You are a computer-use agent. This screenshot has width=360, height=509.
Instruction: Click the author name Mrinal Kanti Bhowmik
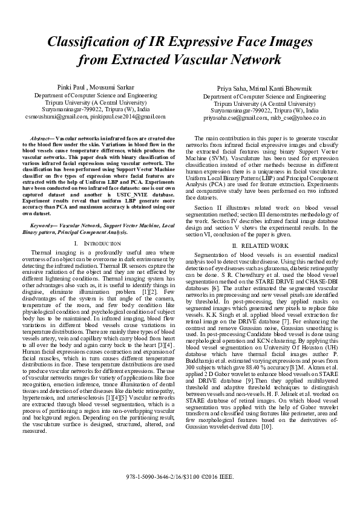point(279,89)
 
